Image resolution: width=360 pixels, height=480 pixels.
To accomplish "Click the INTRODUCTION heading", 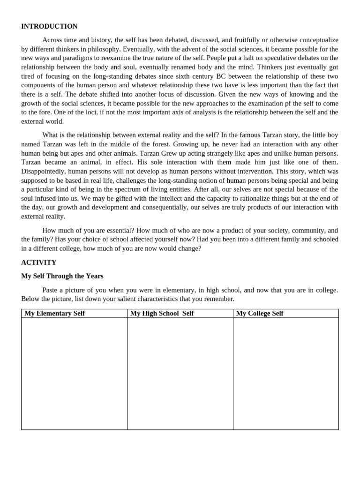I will click(x=49, y=26).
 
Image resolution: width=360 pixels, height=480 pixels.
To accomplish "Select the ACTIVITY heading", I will click(x=38, y=262).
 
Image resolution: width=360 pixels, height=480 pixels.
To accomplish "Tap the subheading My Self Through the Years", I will click(x=62, y=276).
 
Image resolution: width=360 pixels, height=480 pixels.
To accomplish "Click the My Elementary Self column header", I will click(x=54, y=313).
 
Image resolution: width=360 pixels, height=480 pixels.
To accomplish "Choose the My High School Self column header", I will click(x=162, y=313).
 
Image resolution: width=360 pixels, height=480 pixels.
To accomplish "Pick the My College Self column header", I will click(x=260, y=313).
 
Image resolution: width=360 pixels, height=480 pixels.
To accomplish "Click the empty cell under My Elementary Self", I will click(x=74, y=373).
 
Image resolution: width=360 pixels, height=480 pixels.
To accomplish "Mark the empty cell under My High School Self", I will click(x=180, y=373).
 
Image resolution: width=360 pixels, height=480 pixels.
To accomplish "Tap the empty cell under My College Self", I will click(x=285, y=373).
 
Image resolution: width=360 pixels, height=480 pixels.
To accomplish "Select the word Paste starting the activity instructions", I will click(x=51, y=290).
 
